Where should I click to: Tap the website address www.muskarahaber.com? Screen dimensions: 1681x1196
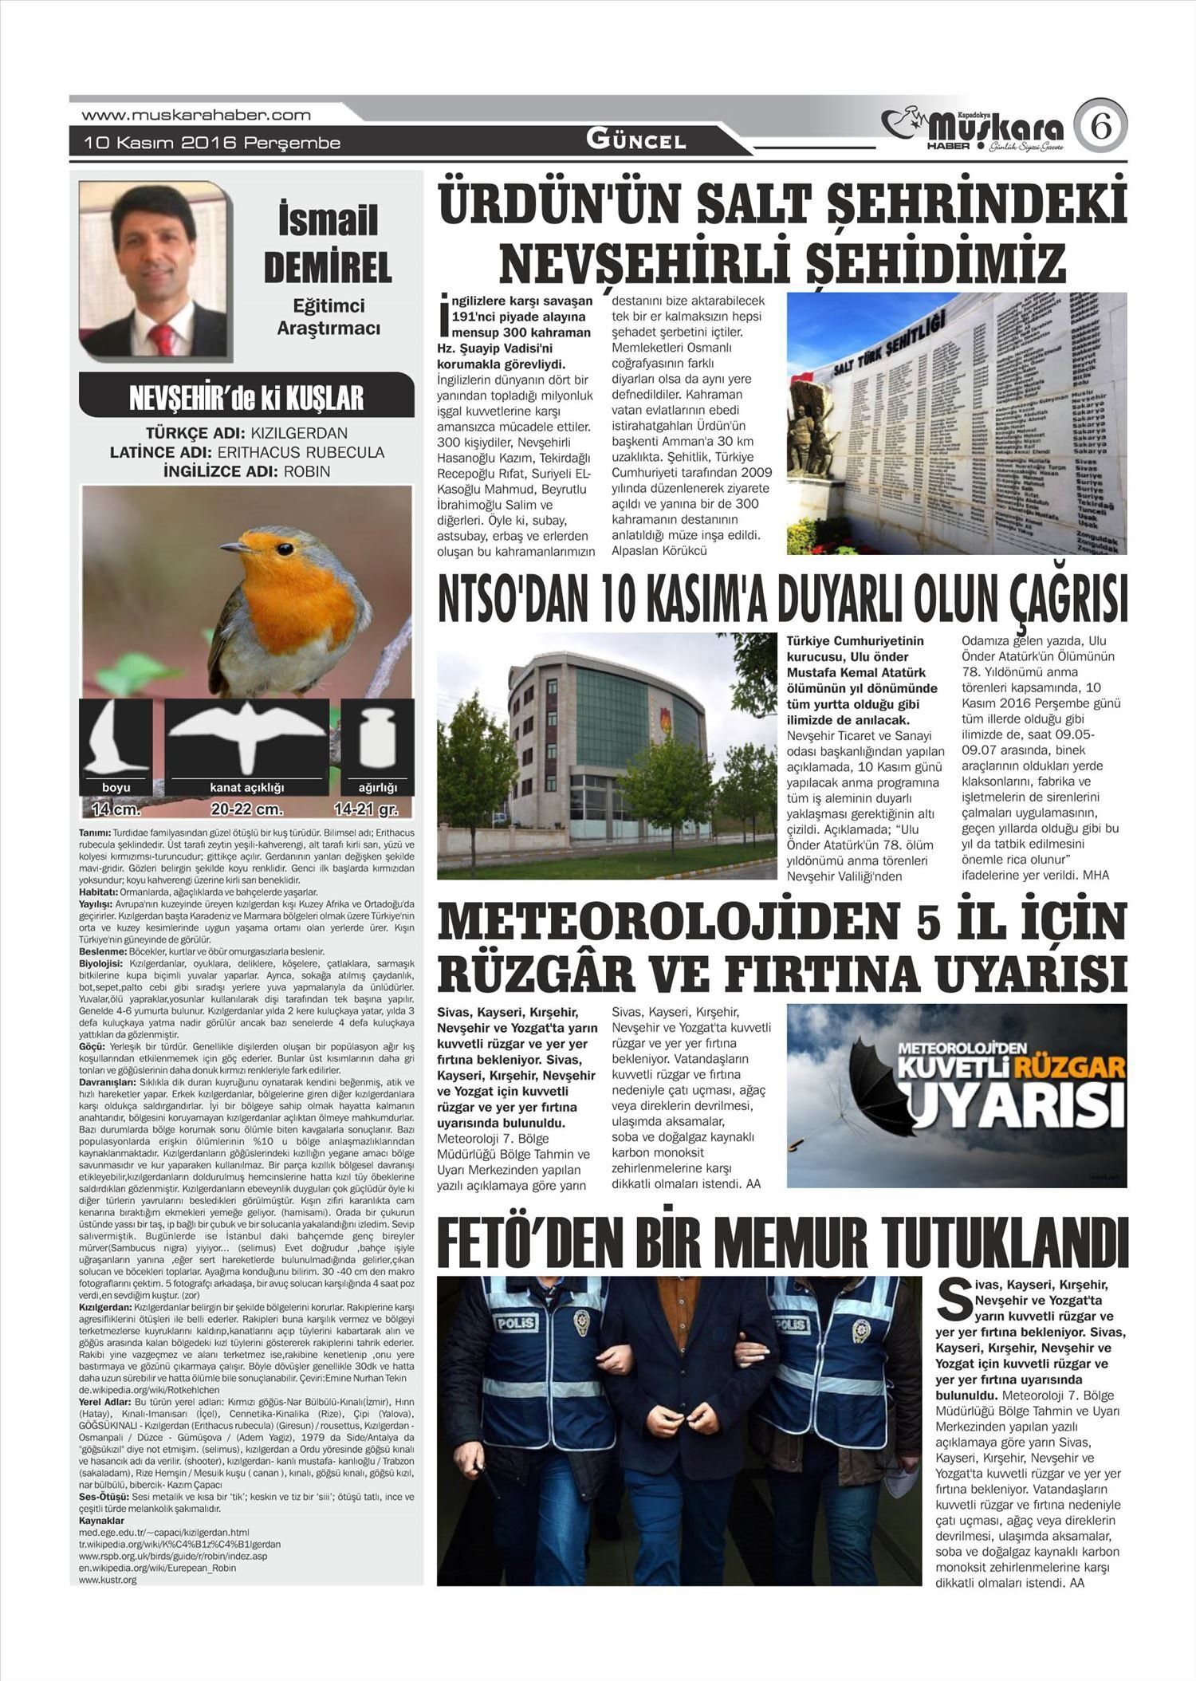click(196, 115)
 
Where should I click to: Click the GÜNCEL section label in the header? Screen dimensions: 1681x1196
click(635, 141)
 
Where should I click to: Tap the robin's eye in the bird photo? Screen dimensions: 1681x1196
click(285, 549)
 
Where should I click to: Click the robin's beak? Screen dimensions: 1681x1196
click(234, 548)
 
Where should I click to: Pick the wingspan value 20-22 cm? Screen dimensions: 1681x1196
click(247, 809)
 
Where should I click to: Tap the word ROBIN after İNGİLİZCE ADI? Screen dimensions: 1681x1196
click(306, 471)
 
